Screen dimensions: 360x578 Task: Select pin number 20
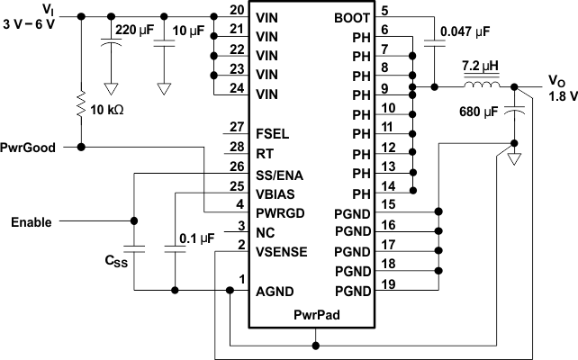[x=236, y=10]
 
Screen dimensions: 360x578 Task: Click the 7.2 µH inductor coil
[x=483, y=85]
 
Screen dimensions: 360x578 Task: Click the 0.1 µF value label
[x=196, y=238]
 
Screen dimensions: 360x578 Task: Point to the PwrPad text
[x=316, y=315]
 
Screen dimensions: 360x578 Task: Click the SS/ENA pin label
[x=280, y=173]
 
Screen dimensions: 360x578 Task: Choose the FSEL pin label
[x=272, y=133]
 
